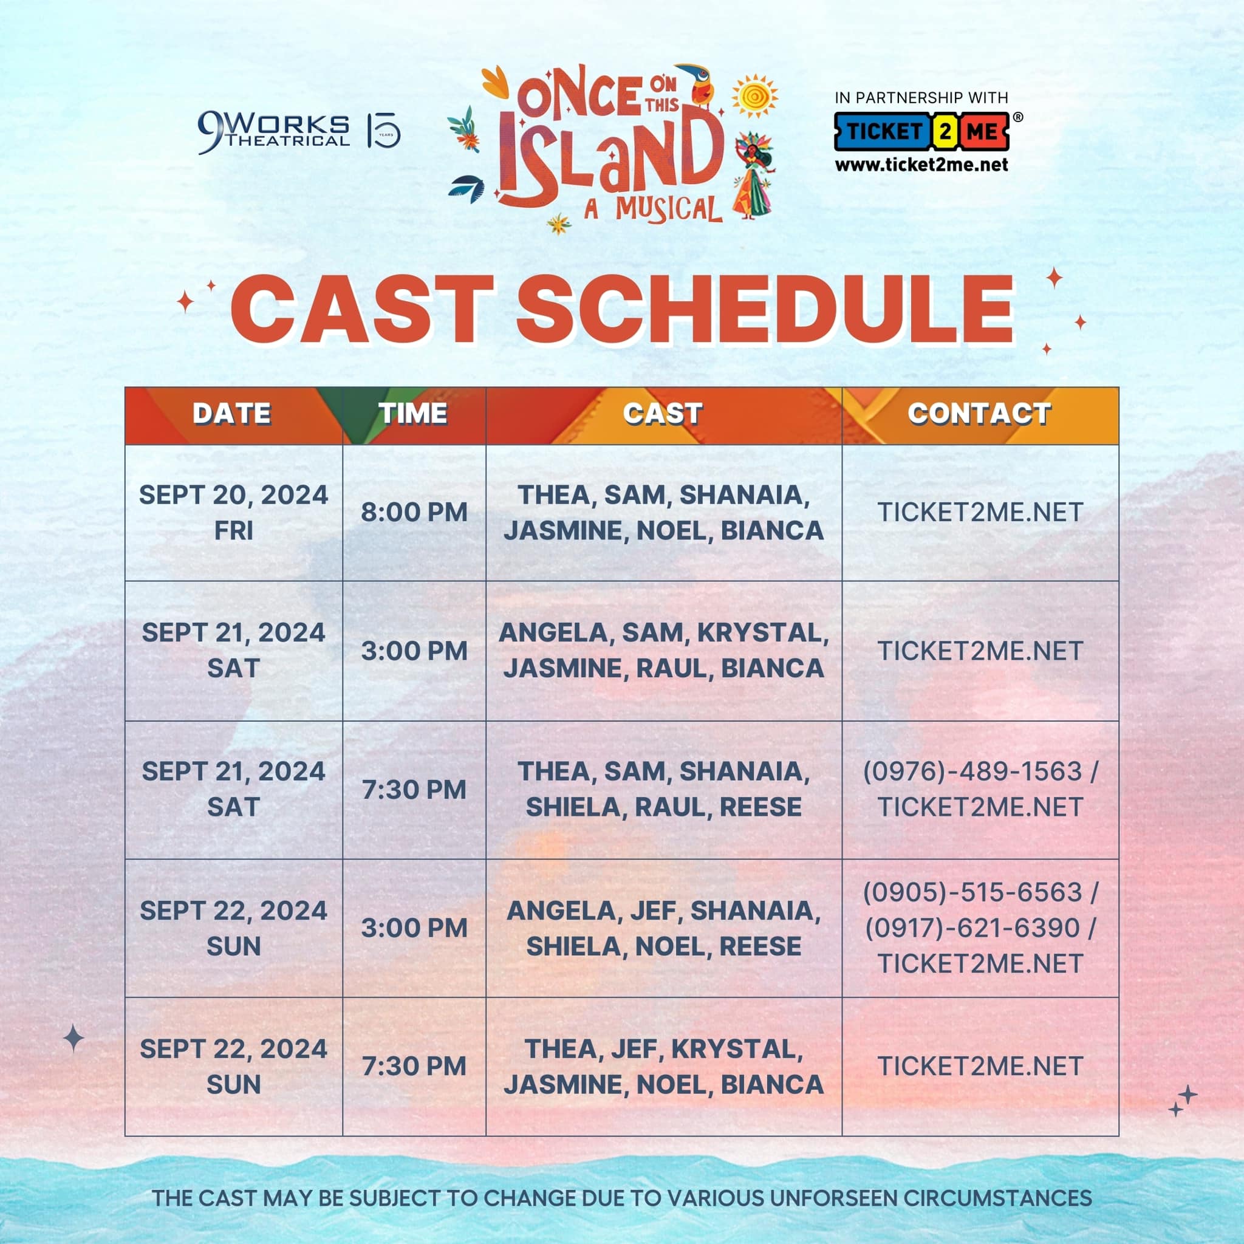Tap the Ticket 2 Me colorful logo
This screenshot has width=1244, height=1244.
pyautogui.click(x=922, y=131)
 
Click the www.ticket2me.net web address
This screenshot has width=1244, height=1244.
pyautogui.click(x=921, y=165)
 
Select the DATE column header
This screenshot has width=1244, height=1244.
pyautogui.click(x=232, y=414)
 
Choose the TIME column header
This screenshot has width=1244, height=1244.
pyautogui.click(x=412, y=414)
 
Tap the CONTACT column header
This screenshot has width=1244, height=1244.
pyautogui.click(x=979, y=414)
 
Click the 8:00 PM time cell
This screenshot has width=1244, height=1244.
pyautogui.click(x=414, y=513)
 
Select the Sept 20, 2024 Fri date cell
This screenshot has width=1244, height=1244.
pyautogui.click(x=234, y=513)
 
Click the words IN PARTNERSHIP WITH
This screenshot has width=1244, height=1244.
pyautogui.click(x=921, y=98)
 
